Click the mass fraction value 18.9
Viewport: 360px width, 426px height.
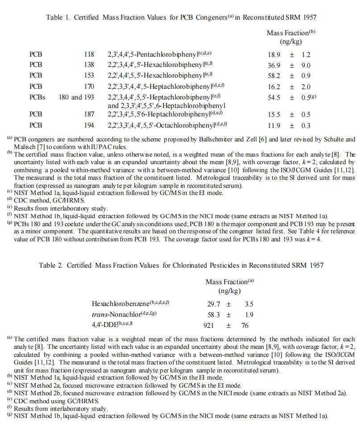(x=274, y=55)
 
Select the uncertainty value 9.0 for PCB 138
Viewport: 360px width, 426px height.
(x=306, y=66)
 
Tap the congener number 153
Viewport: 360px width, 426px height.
(x=89, y=75)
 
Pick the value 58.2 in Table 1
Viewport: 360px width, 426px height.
(x=274, y=76)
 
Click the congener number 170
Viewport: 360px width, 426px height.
(x=89, y=87)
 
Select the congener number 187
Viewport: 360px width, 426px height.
(x=89, y=115)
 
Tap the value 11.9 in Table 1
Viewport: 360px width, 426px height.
(x=274, y=126)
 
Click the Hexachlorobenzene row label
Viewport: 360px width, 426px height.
(x=120, y=304)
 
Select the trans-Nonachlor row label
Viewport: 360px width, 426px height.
(x=116, y=314)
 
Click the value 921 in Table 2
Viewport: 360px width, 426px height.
(x=209, y=326)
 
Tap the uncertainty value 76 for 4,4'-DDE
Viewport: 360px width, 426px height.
(x=245, y=326)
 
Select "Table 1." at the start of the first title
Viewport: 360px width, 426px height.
(x=58, y=17)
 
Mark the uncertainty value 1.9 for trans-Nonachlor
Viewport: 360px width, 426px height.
(x=249, y=315)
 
